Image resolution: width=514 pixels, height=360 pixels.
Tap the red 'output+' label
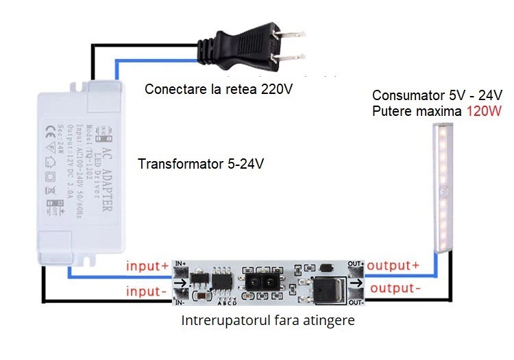393,265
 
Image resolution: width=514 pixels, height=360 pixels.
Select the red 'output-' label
393,288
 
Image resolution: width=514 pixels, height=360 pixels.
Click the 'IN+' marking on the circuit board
181,264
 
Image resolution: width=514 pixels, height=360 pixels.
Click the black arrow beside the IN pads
180,283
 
